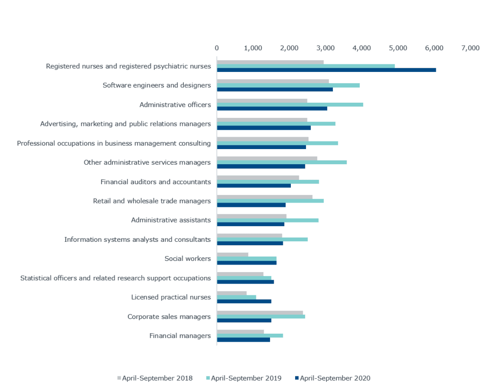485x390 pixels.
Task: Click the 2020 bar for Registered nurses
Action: click(326, 70)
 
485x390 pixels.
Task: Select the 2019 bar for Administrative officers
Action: click(290, 105)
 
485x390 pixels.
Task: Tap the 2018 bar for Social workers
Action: click(233, 254)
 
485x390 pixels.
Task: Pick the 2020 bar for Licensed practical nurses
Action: click(244, 301)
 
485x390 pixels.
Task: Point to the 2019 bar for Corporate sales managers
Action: click(261, 316)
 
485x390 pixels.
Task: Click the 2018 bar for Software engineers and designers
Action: click(273, 81)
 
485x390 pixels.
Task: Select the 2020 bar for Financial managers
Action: click(243, 340)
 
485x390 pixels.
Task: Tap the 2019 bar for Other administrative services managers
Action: click(281, 162)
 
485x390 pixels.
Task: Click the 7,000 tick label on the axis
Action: click(470, 48)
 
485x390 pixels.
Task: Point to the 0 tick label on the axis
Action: click(217, 48)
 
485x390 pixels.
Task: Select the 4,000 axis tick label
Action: click(361, 48)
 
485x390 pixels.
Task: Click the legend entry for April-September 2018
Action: click(155, 378)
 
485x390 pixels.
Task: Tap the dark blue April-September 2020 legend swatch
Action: click(297, 378)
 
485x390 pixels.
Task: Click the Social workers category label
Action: click(187, 258)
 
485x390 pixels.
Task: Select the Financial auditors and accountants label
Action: click(155, 182)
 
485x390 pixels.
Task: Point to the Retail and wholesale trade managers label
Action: click(152, 201)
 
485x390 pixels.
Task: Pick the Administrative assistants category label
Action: click(171, 220)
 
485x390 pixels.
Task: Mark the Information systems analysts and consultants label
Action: click(137, 239)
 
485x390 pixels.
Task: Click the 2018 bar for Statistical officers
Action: click(240, 274)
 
